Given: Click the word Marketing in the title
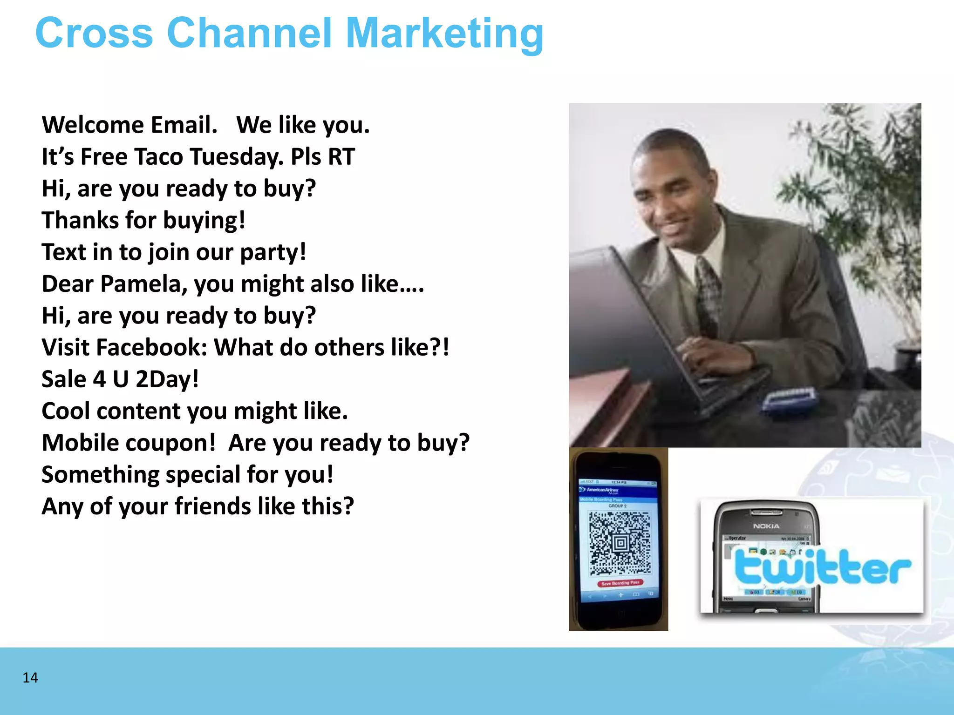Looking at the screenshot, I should pos(445,34).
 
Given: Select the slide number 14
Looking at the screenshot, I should pos(30,678).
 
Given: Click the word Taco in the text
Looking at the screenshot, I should pos(158,157).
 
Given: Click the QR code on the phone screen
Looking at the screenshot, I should pos(620,543).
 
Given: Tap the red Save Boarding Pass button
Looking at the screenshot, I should pos(620,583).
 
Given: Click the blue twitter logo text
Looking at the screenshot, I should pos(822,568).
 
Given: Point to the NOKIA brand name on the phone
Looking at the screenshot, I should pos(766,526).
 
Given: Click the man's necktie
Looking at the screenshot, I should pos(709,293).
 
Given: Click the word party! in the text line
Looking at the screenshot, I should pos(273,252).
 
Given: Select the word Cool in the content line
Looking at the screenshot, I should pos(65,411).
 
